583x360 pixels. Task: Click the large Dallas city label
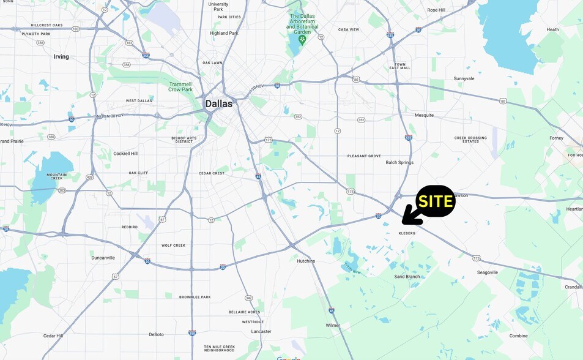click(x=218, y=103)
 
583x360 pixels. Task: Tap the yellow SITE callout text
click(x=436, y=201)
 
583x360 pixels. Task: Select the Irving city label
click(x=61, y=56)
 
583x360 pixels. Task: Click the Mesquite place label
click(x=424, y=115)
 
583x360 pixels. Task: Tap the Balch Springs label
click(x=399, y=162)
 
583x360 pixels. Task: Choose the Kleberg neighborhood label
click(x=407, y=233)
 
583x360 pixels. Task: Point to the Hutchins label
click(x=306, y=261)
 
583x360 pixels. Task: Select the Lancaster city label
click(x=261, y=331)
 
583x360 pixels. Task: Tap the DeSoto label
click(x=156, y=334)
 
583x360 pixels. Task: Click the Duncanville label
click(x=103, y=258)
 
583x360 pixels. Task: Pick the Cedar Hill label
click(x=53, y=336)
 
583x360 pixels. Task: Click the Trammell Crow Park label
click(x=180, y=87)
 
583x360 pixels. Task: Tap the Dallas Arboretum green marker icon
click(x=302, y=40)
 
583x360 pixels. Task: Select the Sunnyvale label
click(x=464, y=78)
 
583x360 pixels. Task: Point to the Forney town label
click(x=556, y=138)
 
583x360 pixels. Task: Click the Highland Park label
click(x=224, y=33)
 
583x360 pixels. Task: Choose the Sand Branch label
click(x=407, y=277)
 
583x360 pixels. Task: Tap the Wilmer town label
click(x=333, y=325)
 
